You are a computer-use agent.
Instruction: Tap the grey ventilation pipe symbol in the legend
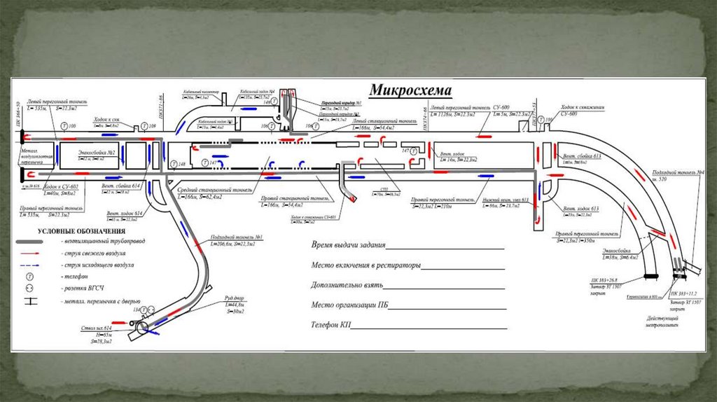(x=41, y=241)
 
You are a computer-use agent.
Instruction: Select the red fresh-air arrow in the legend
(x=41, y=254)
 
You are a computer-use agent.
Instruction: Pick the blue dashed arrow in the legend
(x=41, y=266)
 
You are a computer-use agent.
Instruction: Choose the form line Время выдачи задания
(x=349, y=246)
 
